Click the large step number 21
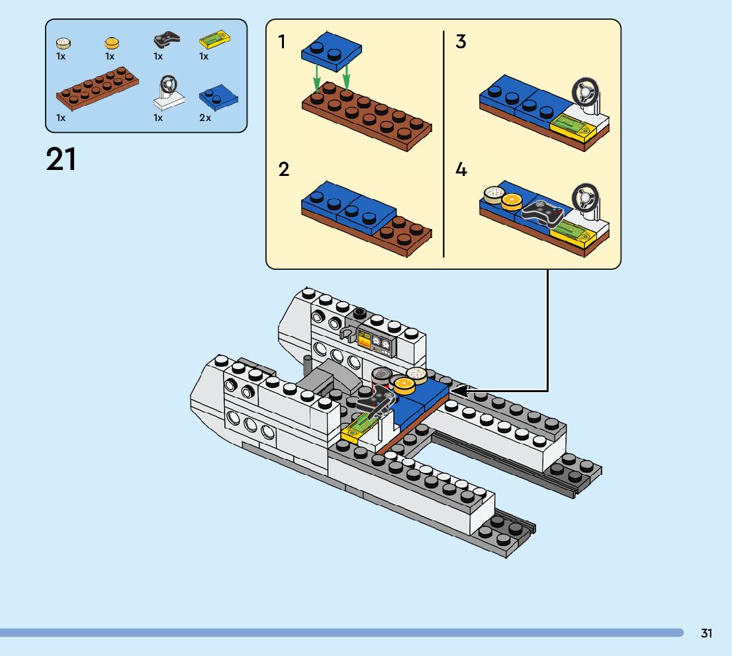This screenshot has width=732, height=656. tap(61, 159)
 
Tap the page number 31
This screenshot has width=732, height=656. tap(706, 633)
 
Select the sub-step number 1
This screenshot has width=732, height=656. tap(281, 42)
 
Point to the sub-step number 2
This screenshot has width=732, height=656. tap(284, 169)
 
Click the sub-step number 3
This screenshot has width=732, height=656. tap(461, 42)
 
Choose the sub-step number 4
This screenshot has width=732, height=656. tap(461, 169)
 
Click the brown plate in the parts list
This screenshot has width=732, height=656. tap(97, 88)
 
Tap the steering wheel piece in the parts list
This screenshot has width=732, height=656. tap(169, 93)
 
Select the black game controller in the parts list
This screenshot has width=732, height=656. tap(167, 40)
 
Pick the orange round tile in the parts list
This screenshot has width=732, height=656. tap(112, 43)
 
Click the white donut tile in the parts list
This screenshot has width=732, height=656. tap(63, 43)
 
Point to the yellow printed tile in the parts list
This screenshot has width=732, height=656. tap(214, 39)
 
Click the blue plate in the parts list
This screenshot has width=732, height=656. tap(218, 97)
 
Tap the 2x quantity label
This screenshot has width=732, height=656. tap(205, 118)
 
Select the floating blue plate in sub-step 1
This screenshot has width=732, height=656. tap(332, 52)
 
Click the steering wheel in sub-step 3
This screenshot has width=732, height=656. tap(586, 94)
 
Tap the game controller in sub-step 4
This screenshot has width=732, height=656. tap(543, 213)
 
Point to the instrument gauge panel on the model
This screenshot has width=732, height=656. tap(377, 342)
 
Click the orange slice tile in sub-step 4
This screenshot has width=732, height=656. tap(512, 200)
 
